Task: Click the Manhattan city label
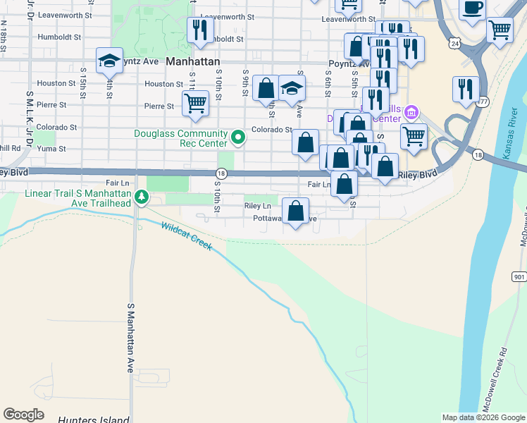coord(192,62)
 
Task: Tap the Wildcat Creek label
coord(186,236)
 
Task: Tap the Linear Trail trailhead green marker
coord(142,197)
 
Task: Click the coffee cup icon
coord(473,8)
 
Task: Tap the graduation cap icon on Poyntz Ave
coord(109,60)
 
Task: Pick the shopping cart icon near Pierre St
coord(195,103)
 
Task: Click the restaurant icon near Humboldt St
coord(199,30)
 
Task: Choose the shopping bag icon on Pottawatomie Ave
coord(296,209)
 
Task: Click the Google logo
coord(23,415)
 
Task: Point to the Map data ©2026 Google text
coord(483,417)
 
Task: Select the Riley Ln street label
coord(257,206)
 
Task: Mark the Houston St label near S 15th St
coord(56,83)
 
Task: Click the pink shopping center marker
coord(413,113)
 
